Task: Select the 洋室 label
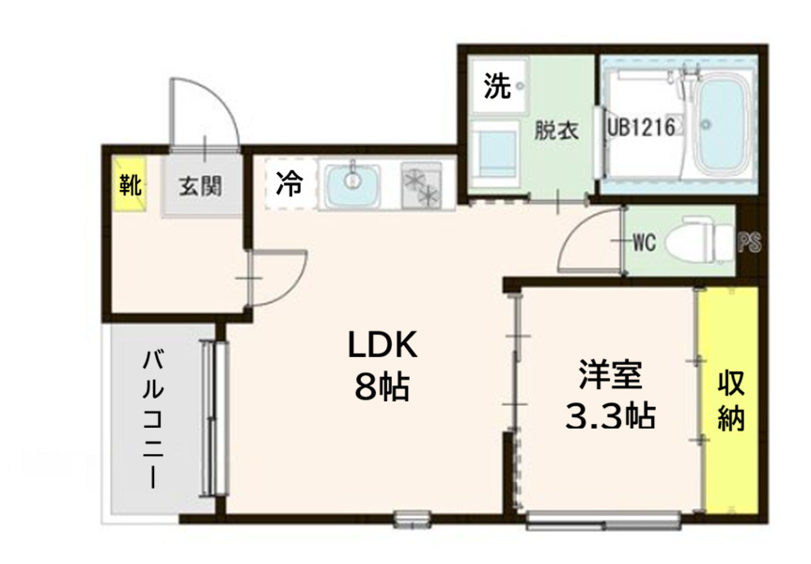[x=610, y=375]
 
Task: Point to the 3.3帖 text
[x=610, y=414]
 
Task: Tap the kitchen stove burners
[x=421, y=184]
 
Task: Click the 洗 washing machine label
[x=497, y=86]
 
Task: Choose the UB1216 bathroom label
[x=642, y=127]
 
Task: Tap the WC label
[x=643, y=243]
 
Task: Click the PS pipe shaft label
[x=749, y=243]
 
